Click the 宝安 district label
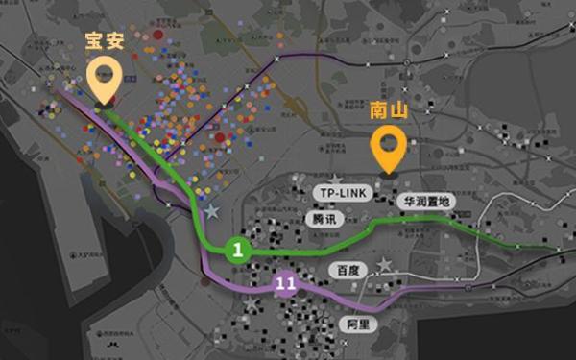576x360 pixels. tap(105, 43)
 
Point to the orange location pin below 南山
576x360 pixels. tap(388, 150)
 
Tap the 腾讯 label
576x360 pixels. tap(324, 219)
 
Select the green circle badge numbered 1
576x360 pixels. tap(237, 251)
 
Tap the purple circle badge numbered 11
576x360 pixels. tap(285, 283)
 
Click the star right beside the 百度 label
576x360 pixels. tap(385, 264)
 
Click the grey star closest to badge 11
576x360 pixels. tap(252, 303)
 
